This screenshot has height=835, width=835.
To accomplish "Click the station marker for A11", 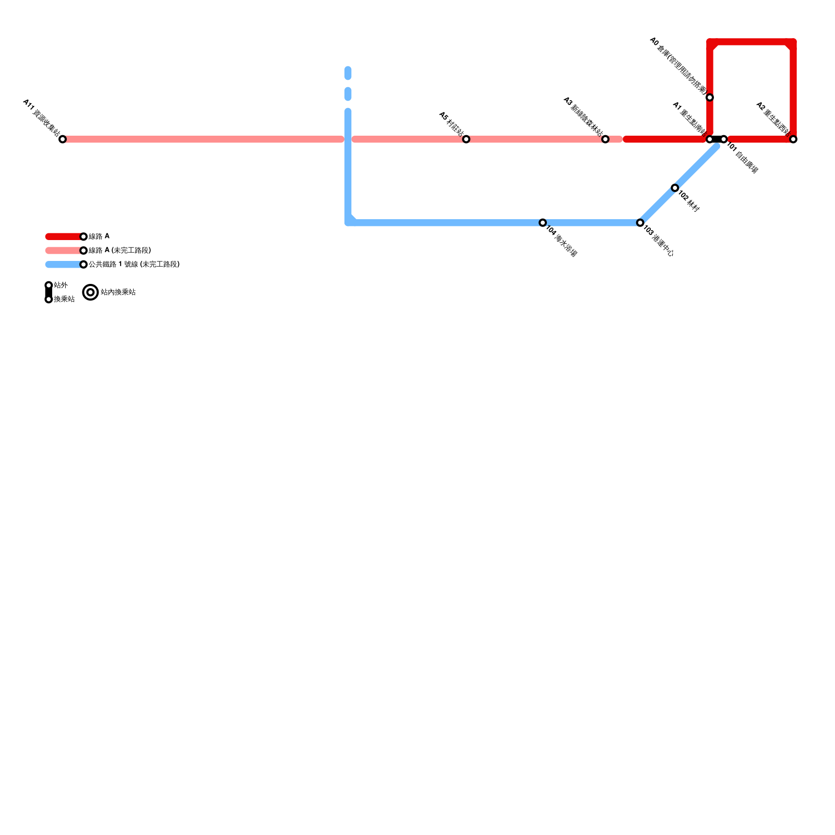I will [63, 139].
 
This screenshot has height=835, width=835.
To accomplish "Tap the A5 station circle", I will [466, 139].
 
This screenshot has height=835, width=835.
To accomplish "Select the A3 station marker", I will [605, 139].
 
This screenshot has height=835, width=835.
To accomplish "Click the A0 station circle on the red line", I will [710, 98].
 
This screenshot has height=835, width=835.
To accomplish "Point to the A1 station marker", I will [709, 139].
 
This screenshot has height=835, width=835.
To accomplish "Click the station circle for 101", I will [724, 139].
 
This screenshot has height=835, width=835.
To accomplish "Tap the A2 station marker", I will [793, 139].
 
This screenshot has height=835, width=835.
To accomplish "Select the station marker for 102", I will [675, 188].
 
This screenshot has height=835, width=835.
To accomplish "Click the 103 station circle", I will [640, 223].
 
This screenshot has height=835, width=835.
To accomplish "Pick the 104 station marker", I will [543, 223].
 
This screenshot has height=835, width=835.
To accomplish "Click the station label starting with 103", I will [658, 241].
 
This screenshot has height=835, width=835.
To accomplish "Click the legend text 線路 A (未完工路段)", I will [120, 250].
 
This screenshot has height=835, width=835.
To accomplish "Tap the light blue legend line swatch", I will [64, 265].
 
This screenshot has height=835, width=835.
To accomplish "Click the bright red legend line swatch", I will [64, 237].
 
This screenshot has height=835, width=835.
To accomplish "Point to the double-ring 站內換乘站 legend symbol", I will [91, 293].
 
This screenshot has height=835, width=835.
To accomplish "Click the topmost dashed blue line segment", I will [348, 73].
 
